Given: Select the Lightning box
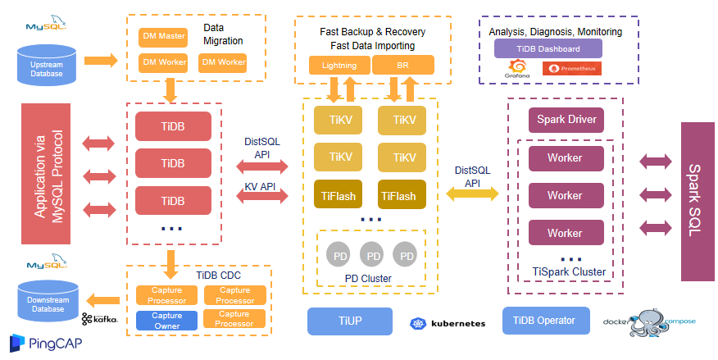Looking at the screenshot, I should pos(339,66).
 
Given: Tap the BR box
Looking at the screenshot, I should pos(403,66).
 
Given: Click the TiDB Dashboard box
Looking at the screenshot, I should pos(548,48).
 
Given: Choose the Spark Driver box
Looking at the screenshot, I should pos(566,121).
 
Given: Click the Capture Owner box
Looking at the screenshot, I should pos(166,320).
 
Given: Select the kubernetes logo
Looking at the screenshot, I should pos(448,323).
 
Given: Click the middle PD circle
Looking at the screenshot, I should pos(374,256).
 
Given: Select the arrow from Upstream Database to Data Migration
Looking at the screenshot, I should pos(101,60).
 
